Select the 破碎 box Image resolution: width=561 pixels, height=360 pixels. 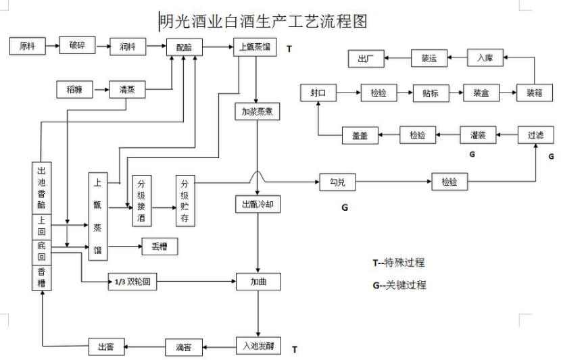tap(76, 46)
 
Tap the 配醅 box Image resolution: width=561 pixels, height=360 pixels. tap(185, 47)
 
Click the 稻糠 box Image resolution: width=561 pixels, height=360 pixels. tap(74, 88)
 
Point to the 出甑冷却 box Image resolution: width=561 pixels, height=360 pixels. tap(257, 204)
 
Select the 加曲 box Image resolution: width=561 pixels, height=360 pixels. tap(258, 281)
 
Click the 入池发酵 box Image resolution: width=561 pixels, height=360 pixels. tap(258, 347)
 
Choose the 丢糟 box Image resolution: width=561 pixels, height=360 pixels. tap(159, 247)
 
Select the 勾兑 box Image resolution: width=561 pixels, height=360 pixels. tap(337, 182)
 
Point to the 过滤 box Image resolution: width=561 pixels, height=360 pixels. tap(536, 135)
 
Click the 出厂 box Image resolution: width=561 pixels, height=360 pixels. tap(366, 59)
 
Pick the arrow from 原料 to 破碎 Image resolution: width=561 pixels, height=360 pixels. tap(51, 46)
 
